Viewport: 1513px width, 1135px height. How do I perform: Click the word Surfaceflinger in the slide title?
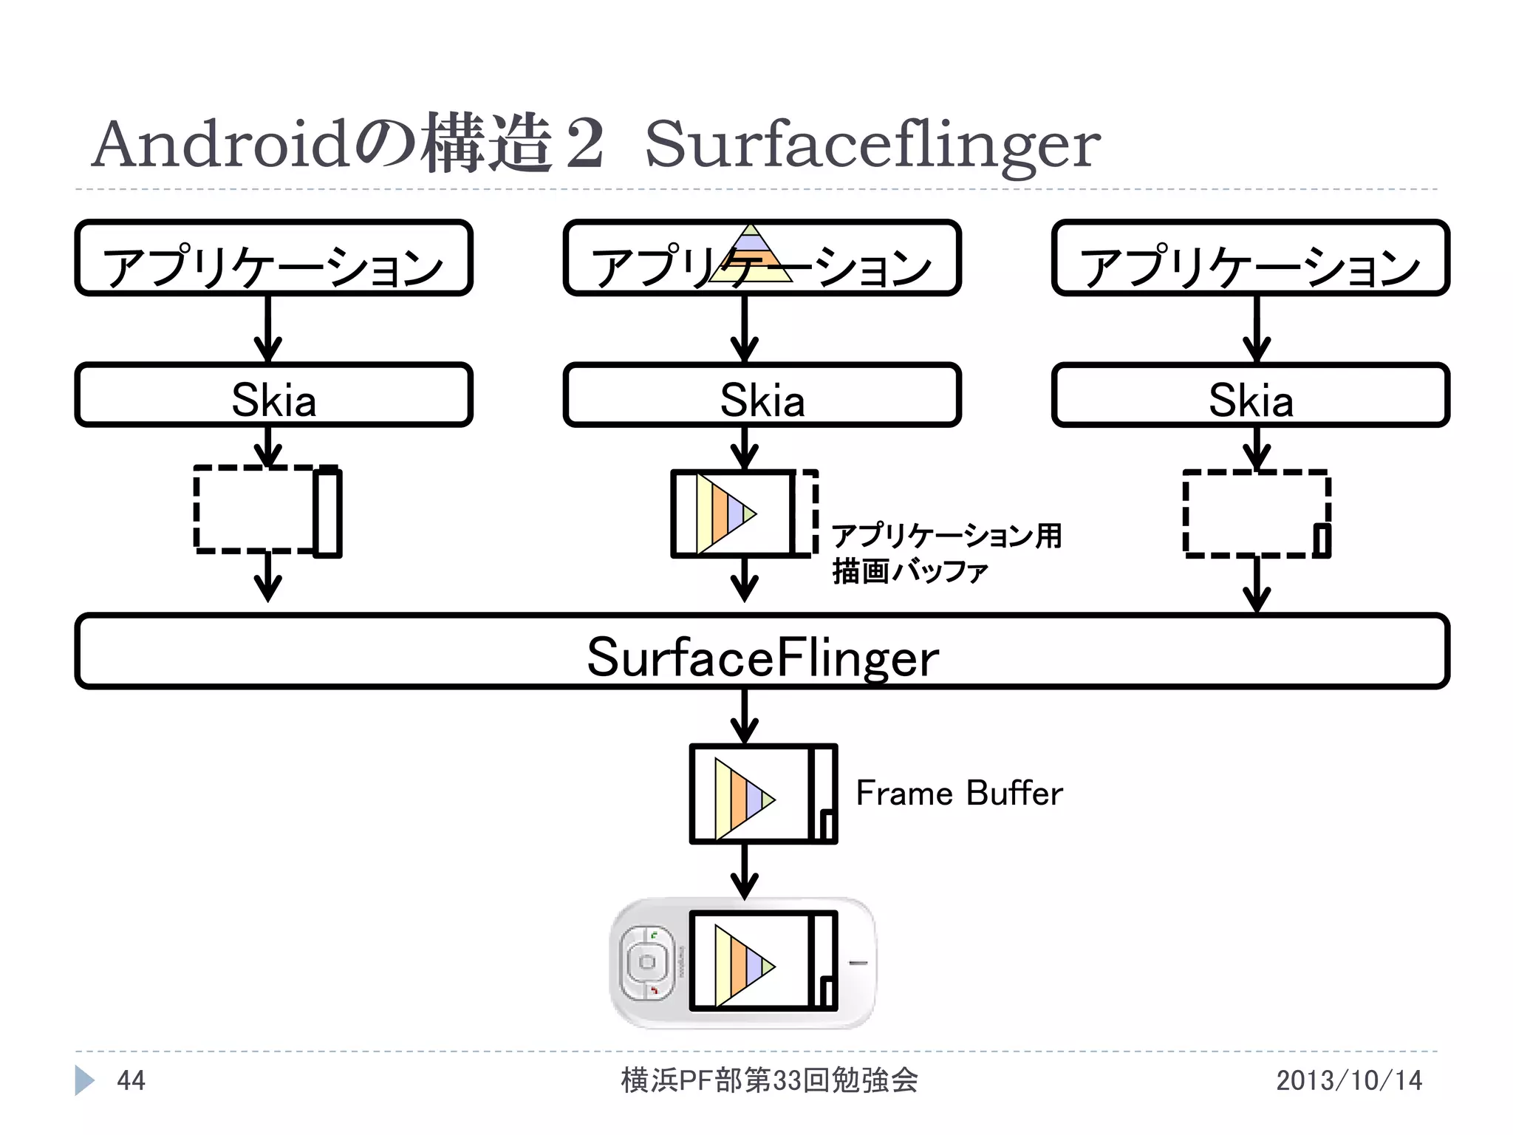coord(872,146)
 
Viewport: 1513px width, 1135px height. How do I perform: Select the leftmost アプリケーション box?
coord(273,258)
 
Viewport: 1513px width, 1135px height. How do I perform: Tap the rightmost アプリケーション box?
coord(1250,258)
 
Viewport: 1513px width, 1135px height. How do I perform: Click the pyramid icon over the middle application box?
coord(751,255)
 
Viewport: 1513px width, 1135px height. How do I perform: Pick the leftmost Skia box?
coord(273,395)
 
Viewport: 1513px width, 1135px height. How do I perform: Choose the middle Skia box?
coord(762,395)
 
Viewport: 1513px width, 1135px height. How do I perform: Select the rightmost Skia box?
coord(1250,395)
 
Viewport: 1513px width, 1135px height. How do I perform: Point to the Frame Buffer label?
coord(959,794)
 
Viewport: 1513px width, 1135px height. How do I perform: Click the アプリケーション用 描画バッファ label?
coord(946,553)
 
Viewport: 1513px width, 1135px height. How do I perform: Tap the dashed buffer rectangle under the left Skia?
coord(255,510)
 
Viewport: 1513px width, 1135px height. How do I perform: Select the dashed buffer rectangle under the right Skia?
coord(1256,513)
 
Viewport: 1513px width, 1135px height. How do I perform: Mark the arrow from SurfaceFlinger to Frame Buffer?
coord(745,717)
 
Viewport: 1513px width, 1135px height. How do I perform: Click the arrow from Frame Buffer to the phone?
coord(745,872)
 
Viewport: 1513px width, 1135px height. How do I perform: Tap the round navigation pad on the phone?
coord(647,962)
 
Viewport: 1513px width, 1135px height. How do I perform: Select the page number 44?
coord(132,1081)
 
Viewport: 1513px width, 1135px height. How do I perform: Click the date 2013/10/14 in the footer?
coord(1348,1081)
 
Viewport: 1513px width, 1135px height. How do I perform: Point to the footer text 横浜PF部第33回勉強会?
coord(768,1081)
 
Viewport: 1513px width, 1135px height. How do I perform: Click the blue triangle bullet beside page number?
coord(84,1081)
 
